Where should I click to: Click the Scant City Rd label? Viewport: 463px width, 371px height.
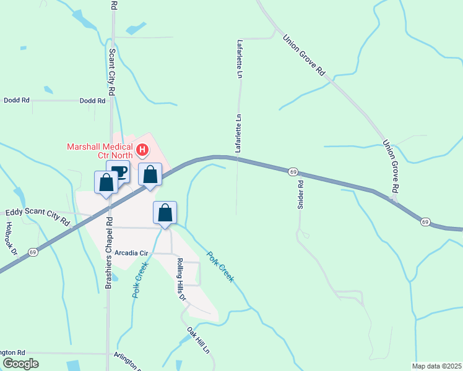pyautogui.click(x=112, y=72)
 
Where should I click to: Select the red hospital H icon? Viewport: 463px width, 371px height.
pyautogui.click(x=143, y=150)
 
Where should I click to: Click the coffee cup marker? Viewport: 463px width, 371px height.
pyautogui.click(x=118, y=171)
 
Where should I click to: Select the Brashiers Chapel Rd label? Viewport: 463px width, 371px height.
pyautogui.click(x=108, y=253)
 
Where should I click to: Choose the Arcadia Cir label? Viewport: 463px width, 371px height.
pyautogui.click(x=132, y=253)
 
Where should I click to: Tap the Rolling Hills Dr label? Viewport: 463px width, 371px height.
pyautogui.click(x=180, y=278)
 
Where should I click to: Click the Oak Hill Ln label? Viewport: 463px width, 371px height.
pyautogui.click(x=198, y=341)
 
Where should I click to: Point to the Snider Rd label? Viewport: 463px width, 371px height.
pyautogui.click(x=301, y=194)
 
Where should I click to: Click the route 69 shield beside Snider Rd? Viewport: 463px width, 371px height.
pyautogui.click(x=293, y=171)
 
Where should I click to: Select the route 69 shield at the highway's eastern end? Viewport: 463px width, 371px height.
pyautogui.click(x=425, y=221)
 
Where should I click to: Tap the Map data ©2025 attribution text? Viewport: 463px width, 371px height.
pyautogui.click(x=436, y=366)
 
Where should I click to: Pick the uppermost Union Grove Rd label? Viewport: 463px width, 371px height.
pyautogui.click(x=304, y=55)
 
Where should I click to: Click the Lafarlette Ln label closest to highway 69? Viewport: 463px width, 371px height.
pyautogui.click(x=238, y=133)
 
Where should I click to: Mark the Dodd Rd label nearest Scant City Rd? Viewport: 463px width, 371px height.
pyautogui.click(x=93, y=100)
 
